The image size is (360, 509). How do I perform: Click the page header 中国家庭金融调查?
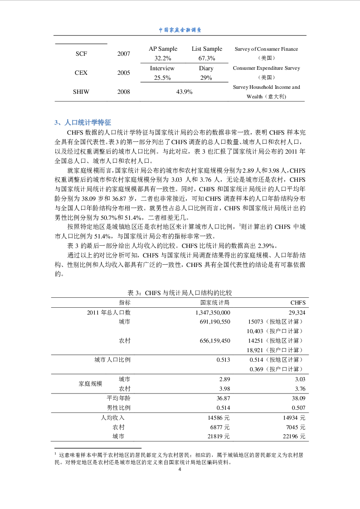click(180, 30)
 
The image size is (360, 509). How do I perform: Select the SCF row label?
click(81, 53)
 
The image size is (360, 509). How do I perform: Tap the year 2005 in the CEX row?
click(123, 73)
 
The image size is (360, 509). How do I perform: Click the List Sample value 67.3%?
click(207, 58)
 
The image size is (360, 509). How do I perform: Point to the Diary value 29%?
click(206, 78)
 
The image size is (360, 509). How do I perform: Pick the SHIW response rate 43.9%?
click(185, 92)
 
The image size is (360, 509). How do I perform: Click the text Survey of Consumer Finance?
click(266, 49)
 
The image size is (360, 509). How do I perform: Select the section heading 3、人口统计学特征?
click(83, 122)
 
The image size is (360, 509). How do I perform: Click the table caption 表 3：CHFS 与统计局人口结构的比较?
click(180, 293)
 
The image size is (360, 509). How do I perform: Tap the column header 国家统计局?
click(215, 303)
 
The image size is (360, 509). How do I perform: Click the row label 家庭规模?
click(90, 383)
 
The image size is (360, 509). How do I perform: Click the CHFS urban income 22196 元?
click(294, 436)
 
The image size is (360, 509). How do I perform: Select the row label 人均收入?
click(112, 417)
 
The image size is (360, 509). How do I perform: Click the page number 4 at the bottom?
click(180, 470)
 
